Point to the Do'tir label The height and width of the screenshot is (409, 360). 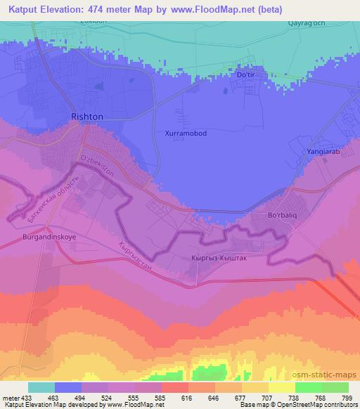tap(248, 74)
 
